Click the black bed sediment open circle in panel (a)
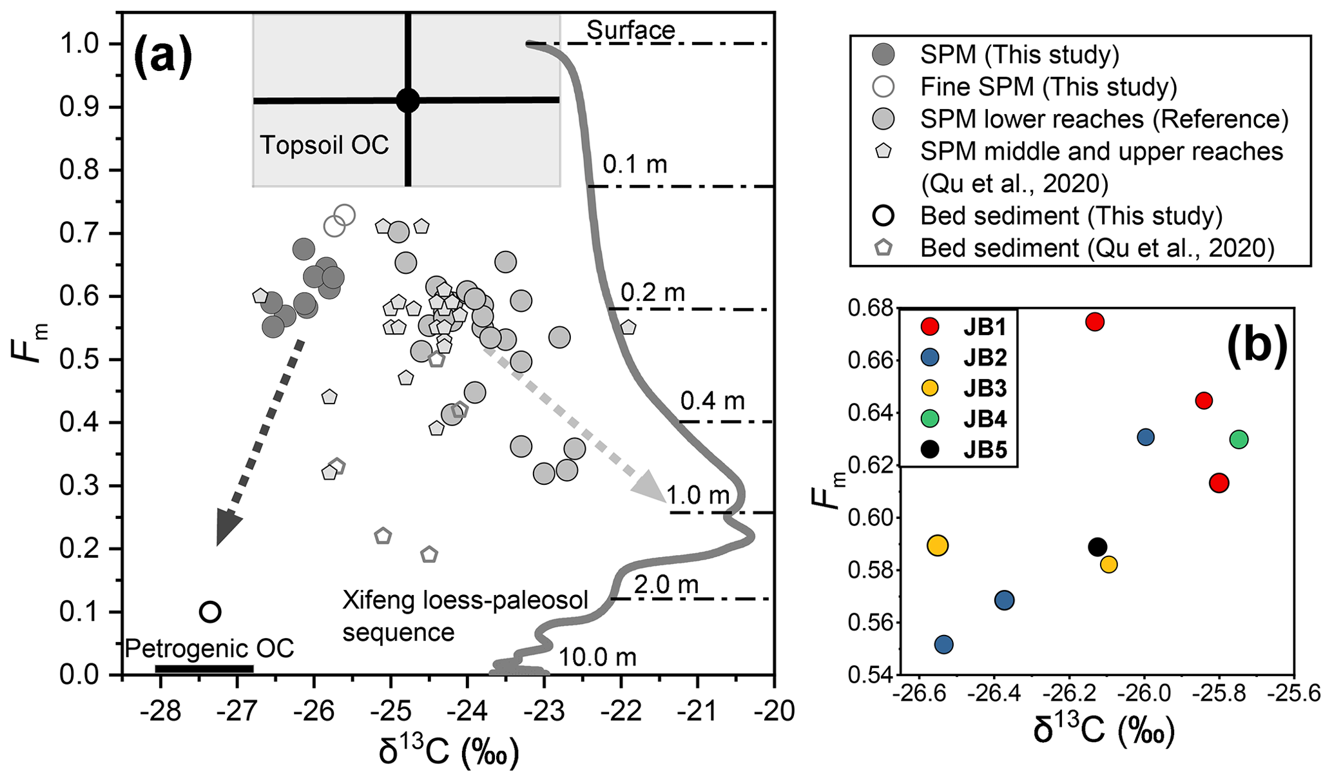click(x=210, y=612)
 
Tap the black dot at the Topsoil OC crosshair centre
click(x=408, y=101)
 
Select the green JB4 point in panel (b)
click(x=1239, y=440)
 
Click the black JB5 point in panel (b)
click(x=1097, y=547)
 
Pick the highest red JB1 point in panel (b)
click(x=1095, y=322)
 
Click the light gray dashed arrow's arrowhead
click(x=651, y=486)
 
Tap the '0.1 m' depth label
click(x=634, y=165)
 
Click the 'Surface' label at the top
click(x=630, y=30)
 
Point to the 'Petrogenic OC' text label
click(x=209, y=648)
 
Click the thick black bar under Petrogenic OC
click(x=204, y=669)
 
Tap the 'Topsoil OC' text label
click(x=324, y=145)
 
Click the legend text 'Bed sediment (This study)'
click(x=1071, y=215)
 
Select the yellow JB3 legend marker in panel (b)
click(x=929, y=388)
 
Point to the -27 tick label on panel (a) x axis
click(x=238, y=712)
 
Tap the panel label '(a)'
click(x=162, y=56)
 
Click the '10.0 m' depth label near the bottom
click(x=597, y=657)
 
